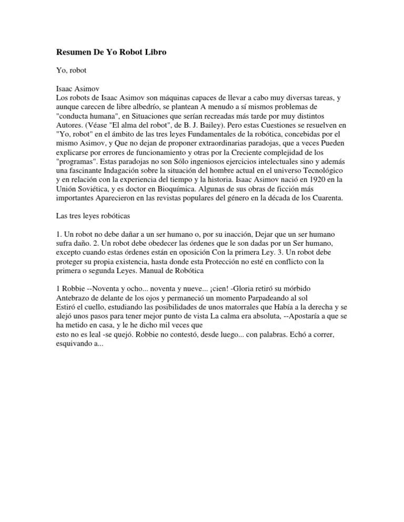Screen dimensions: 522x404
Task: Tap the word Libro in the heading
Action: (x=154, y=53)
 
